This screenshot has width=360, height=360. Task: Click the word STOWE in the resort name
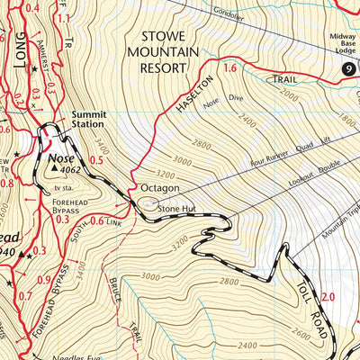pyautogui.click(x=168, y=36)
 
